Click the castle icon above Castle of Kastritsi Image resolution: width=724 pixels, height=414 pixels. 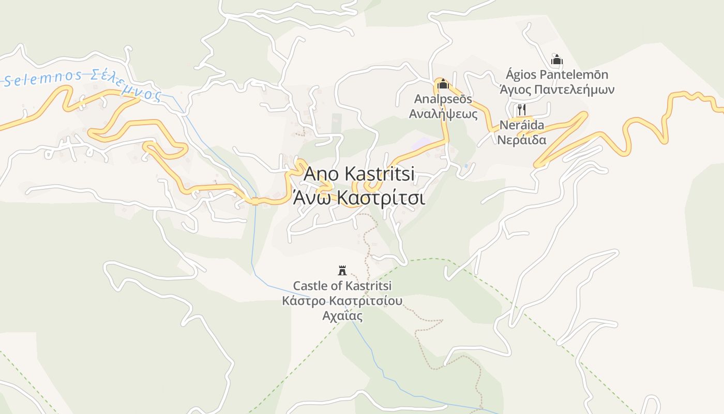(x=342, y=270)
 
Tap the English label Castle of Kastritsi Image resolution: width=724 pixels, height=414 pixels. (x=342, y=286)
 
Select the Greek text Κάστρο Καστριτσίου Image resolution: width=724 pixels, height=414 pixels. (x=342, y=301)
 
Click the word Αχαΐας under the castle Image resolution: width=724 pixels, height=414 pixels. (x=342, y=316)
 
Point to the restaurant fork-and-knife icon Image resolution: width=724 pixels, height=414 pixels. (x=521, y=110)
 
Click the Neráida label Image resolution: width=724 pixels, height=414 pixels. (x=521, y=125)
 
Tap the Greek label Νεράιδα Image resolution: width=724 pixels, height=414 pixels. (x=521, y=140)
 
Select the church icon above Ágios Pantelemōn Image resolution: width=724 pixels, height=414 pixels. (x=556, y=60)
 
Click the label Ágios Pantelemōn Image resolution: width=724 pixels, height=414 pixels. (x=556, y=75)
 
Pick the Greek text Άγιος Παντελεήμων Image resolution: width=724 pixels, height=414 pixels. (x=556, y=90)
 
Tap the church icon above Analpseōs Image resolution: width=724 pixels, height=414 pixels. (x=443, y=83)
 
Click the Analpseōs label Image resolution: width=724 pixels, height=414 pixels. (x=443, y=99)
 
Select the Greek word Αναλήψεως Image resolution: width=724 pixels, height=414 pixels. (x=443, y=113)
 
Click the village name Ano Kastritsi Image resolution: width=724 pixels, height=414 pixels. (x=359, y=174)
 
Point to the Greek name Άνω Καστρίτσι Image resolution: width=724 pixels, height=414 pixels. (x=359, y=198)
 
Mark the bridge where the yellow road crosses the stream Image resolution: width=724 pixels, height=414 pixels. (x=255, y=201)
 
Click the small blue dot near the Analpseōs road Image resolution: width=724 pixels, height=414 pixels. (x=466, y=166)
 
